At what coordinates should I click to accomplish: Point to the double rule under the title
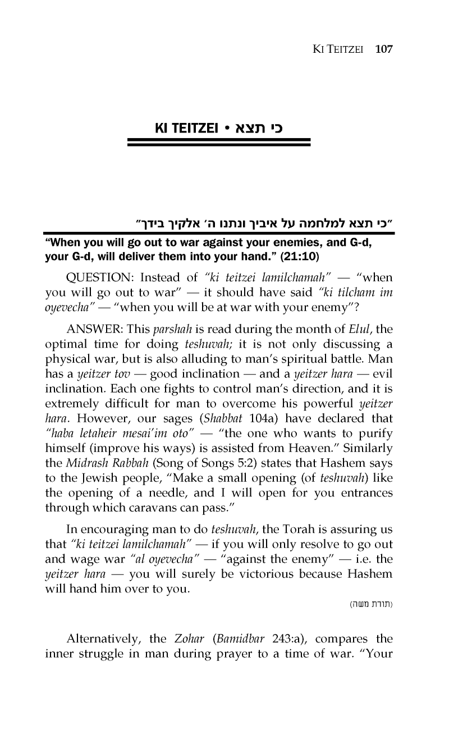pos(219,143)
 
